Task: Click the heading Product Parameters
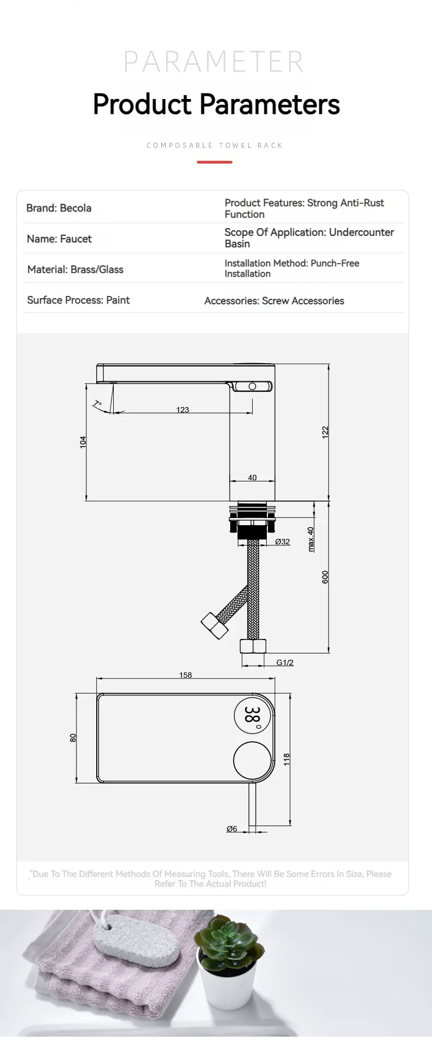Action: tap(216, 104)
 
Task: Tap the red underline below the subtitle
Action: tap(214, 162)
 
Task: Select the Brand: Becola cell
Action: tap(59, 208)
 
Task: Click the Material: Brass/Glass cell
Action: tap(75, 269)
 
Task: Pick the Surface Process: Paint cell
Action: tap(78, 300)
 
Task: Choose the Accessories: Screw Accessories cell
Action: tap(274, 300)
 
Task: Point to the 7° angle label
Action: tap(97, 404)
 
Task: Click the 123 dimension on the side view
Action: tap(183, 409)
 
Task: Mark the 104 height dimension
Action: tap(83, 442)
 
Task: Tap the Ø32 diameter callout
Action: tap(282, 542)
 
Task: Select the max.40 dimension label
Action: tap(311, 539)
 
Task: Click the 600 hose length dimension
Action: tap(325, 577)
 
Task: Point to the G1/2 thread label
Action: tap(284, 662)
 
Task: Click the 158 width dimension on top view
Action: tap(185, 675)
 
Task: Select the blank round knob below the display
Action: tap(252, 760)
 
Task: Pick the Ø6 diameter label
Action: tap(232, 829)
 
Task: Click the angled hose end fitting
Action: tap(214, 626)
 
